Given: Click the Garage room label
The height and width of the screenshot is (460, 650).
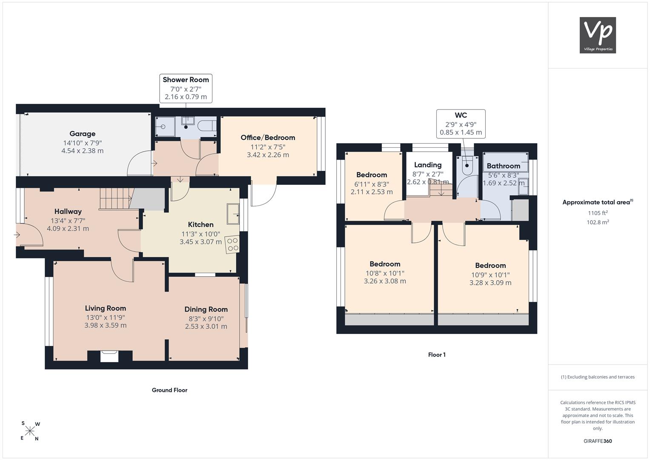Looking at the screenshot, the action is coord(83,134).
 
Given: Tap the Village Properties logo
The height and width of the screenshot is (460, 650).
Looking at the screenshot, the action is coord(598,35).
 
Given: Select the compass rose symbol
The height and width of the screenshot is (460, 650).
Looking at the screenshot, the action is coord(30,431).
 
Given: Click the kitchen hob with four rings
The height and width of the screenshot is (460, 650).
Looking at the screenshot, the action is coord(233,244).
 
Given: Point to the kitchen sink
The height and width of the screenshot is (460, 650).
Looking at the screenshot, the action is coord(233,214).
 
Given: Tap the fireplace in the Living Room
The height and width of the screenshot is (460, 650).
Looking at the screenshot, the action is coord(109,356).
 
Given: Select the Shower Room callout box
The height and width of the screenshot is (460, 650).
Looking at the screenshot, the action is coord(186,88).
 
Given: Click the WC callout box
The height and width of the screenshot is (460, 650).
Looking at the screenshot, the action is coord(461,124).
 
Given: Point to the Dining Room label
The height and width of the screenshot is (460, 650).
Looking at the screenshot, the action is coord(206,309).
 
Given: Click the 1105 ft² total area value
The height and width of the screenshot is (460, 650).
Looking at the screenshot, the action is coord(598,213).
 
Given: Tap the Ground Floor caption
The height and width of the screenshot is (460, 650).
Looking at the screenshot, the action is coord(169,390).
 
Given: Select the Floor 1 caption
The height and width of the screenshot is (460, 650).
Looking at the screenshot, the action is coord(437,354).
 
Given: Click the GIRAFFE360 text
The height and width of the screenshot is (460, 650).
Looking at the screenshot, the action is coord(598,441).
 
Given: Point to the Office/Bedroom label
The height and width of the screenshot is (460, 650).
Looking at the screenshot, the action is coord(268,138).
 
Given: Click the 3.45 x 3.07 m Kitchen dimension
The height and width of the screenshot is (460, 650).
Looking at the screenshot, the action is coord(200,241).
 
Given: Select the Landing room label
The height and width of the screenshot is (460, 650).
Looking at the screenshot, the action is coord(428,165).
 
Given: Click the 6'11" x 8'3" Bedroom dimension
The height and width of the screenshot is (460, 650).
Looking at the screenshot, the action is coord(372,184).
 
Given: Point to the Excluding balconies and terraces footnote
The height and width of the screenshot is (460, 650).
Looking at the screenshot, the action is coord(598,377).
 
